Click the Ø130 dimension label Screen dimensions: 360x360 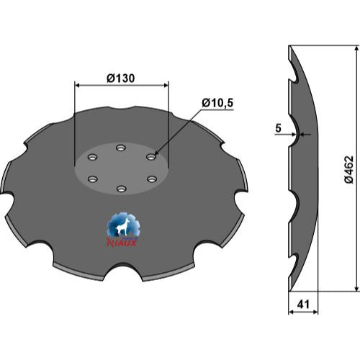tap(121, 78)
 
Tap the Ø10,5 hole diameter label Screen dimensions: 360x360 tap(217, 103)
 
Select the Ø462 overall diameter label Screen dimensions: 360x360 tap(348, 169)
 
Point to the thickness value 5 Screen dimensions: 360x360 tap(278, 128)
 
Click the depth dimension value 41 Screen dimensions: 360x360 tap(303, 305)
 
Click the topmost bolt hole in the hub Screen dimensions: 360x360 tap(121, 148)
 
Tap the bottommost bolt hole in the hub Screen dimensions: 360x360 tap(122, 189)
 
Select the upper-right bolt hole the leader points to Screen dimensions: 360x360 tap(151, 157)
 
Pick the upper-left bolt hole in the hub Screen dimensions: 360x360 tap(92, 157)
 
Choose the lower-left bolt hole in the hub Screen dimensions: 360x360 tap(93, 179)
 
